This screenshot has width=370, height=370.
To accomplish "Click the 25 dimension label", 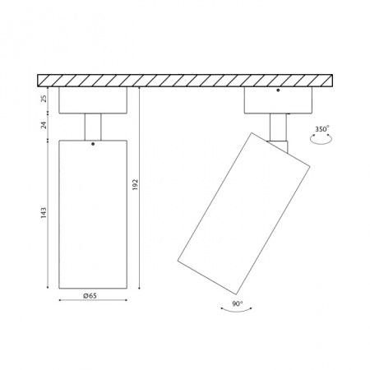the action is (44, 99).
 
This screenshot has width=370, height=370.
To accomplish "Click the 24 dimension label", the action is (44, 125).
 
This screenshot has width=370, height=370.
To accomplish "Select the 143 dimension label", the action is (44, 213).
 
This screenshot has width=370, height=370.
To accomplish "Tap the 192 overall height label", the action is (136, 185).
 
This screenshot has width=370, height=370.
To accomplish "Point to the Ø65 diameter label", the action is (90, 296).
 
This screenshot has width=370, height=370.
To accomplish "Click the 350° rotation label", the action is (322, 129).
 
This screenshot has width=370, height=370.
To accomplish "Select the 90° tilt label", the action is (238, 303).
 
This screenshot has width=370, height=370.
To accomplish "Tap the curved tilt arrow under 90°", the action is (236, 311).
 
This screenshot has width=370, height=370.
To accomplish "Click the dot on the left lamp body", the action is (93, 144).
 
